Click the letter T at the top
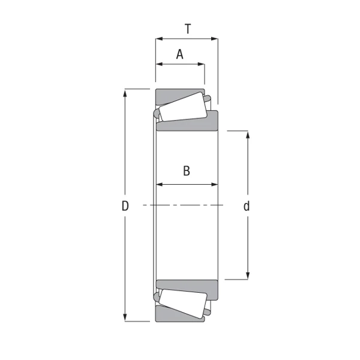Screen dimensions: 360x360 coord(188,28)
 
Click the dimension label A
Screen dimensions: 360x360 coord(180,55)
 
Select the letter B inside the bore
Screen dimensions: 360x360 coord(187,171)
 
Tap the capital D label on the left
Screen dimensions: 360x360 coord(125,206)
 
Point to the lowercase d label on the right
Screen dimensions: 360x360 coord(247,206)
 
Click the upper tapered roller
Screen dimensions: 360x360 coord(182,108)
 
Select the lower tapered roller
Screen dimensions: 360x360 coord(182,303)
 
